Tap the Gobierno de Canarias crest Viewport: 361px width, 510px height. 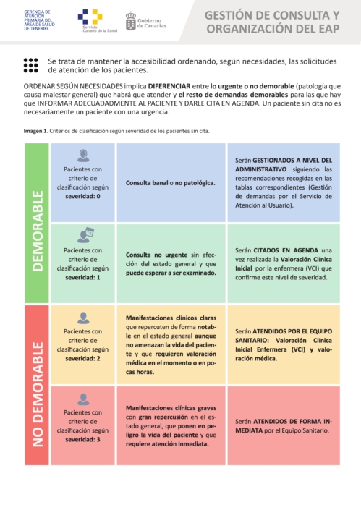click(131, 20)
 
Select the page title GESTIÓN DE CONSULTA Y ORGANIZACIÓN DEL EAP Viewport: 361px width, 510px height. click(272, 22)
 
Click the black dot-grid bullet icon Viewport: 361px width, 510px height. click(31, 66)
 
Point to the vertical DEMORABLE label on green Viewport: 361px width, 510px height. click(37, 221)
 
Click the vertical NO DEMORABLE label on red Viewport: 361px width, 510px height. click(37, 383)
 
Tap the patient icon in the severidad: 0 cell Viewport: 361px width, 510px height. click(84, 155)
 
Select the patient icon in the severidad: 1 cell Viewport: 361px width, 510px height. click(84, 234)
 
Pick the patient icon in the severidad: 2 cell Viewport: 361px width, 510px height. click(84, 317)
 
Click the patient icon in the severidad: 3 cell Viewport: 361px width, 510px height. click(84, 399)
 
